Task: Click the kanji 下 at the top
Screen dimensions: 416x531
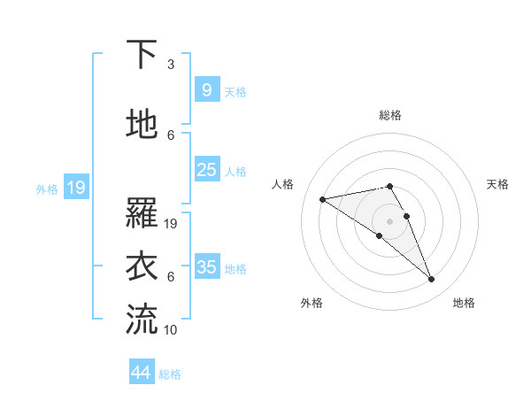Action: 142,55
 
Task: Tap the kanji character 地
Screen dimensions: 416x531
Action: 142,125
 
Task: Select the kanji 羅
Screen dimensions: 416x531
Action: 142,212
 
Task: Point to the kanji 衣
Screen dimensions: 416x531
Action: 142,266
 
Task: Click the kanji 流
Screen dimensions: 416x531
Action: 142,320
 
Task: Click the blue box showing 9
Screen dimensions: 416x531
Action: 206,90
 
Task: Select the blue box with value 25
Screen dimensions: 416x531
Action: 206,170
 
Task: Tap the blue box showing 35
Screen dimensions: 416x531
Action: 206,266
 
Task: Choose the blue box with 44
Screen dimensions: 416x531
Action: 142,373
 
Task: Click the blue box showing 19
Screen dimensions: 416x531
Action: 75,188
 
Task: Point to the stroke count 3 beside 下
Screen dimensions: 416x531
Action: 171,65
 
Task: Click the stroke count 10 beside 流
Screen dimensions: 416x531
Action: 171,330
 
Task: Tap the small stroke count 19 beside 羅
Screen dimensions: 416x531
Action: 171,224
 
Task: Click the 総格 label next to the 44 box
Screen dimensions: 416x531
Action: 170,374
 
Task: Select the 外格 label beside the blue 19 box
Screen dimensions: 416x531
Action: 47,189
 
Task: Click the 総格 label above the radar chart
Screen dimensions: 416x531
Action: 390,115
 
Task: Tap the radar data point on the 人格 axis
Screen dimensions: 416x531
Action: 323,198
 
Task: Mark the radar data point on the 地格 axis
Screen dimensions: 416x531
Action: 432,280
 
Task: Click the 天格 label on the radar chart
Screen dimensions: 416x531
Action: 498,184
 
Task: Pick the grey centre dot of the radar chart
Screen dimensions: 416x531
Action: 390,220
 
